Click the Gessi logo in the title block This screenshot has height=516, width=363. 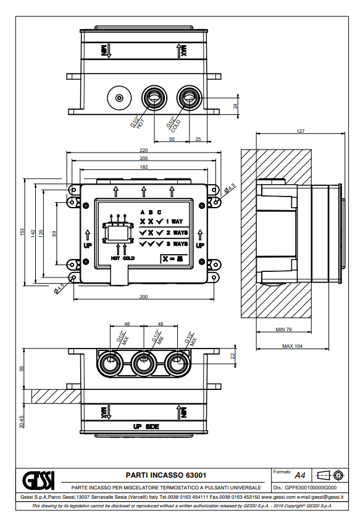click(38, 480)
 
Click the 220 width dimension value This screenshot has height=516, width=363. click(144, 150)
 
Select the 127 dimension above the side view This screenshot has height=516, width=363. click(301, 131)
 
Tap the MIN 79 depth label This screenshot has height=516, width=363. click(283, 329)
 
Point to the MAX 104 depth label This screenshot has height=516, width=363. click(292, 346)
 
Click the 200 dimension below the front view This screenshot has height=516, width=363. click(144, 297)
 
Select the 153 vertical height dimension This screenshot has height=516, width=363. click(22, 232)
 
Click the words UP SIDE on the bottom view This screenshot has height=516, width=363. click(146, 426)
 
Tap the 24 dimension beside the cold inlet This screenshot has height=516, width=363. click(235, 106)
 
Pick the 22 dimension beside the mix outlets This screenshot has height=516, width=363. click(233, 356)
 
